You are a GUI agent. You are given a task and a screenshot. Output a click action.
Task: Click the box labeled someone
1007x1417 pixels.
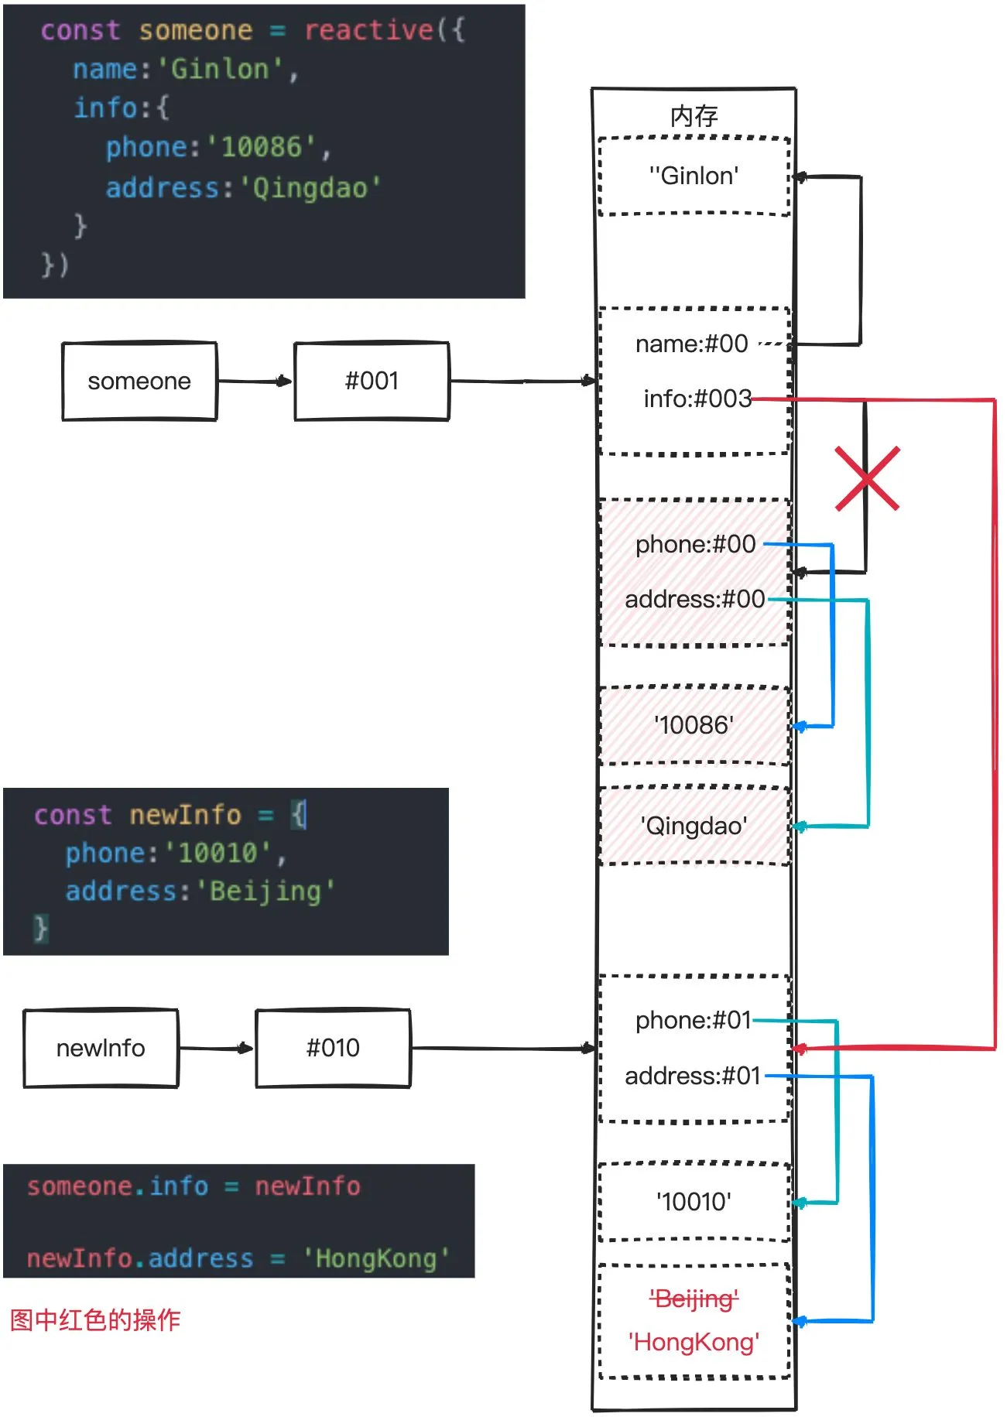click(x=139, y=381)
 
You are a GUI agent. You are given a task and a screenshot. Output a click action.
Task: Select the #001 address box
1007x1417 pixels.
click(x=372, y=381)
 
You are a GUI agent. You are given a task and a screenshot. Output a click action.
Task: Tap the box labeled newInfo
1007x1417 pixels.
click(x=101, y=1048)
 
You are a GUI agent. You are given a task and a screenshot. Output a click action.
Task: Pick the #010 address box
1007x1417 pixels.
click(x=333, y=1048)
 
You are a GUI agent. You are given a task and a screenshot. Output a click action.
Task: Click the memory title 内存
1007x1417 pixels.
click(x=694, y=116)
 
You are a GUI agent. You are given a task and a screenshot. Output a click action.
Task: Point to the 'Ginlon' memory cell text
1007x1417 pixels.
click(x=694, y=176)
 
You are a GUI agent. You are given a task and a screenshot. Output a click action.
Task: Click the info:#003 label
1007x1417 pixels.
click(x=697, y=399)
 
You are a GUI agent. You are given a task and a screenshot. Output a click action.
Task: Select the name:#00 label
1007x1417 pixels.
click(x=691, y=344)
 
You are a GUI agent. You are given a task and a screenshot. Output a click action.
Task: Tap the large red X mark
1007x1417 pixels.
click(x=867, y=478)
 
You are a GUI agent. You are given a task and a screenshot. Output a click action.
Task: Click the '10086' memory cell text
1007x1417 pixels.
click(x=694, y=725)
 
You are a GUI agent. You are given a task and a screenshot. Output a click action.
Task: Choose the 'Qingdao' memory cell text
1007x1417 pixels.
click(x=694, y=826)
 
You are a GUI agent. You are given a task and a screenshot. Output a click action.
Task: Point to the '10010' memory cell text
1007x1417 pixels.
click(x=694, y=1202)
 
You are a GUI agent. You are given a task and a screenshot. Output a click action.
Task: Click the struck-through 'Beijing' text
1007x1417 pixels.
click(x=694, y=1298)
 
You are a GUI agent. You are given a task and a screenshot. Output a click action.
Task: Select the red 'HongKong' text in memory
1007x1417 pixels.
click(x=694, y=1341)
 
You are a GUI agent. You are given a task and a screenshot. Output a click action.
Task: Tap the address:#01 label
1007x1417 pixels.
click(x=693, y=1076)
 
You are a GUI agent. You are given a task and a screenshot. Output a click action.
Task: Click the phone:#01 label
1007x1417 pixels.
click(x=693, y=1020)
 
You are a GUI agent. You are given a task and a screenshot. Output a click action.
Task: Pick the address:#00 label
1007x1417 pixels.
click(x=694, y=599)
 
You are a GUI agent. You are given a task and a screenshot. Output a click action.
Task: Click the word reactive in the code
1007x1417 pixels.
click(x=368, y=30)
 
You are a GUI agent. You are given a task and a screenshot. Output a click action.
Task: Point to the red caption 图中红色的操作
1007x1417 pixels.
click(x=94, y=1319)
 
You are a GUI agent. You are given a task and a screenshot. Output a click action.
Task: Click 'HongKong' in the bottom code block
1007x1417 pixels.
click(x=376, y=1258)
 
